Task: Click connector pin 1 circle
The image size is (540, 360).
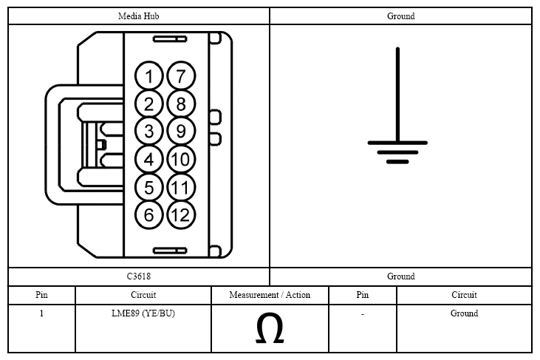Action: [x=148, y=76]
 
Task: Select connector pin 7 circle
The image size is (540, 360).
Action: [x=181, y=76]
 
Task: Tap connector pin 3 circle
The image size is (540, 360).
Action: [x=148, y=132]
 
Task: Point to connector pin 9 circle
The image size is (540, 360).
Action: [x=181, y=131]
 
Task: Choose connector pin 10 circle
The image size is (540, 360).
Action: [x=181, y=159]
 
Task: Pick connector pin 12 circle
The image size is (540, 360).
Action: [x=181, y=215]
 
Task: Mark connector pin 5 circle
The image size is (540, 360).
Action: [x=148, y=188]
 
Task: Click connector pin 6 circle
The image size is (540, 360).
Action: [x=148, y=215]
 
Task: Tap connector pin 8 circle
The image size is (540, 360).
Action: [x=181, y=103]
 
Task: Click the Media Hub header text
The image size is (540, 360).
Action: [x=138, y=16]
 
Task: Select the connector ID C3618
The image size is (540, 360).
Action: [x=138, y=276]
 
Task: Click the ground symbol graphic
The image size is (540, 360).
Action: [x=397, y=106]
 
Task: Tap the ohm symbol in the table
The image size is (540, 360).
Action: [x=270, y=328]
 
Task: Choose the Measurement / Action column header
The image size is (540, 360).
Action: [x=270, y=295]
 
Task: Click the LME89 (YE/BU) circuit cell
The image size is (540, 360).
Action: [x=143, y=313]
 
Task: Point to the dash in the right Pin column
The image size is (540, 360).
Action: [x=363, y=314]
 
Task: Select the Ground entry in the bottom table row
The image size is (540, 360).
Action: [x=464, y=313]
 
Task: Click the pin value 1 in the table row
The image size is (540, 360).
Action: [x=41, y=313]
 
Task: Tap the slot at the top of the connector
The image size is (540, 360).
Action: [x=170, y=39]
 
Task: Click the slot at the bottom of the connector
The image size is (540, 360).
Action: [x=170, y=251]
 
